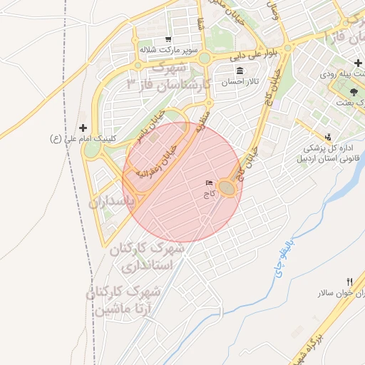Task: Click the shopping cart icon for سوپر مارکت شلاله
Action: (168, 39)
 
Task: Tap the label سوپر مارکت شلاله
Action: (168, 50)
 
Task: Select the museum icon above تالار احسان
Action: (238, 71)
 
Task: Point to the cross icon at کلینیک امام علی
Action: (83, 126)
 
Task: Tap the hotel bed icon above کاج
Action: (209, 184)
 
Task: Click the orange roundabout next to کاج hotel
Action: (227, 187)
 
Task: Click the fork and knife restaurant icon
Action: (349, 281)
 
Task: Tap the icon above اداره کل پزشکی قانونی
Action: (327, 137)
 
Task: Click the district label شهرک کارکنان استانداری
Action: (147, 257)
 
